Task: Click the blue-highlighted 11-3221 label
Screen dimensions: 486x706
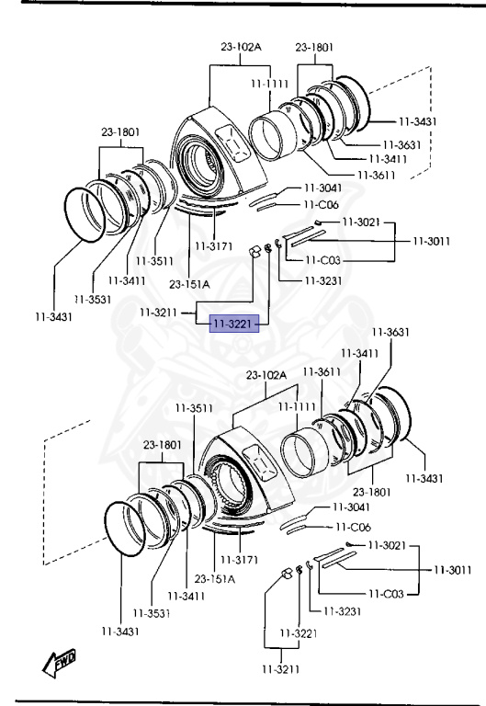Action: click(x=234, y=324)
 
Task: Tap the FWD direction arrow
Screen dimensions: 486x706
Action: click(x=59, y=663)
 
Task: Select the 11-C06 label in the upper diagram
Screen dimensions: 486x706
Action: click(x=322, y=204)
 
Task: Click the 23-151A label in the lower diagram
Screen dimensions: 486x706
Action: click(x=215, y=578)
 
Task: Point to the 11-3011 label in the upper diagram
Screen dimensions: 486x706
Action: click(x=432, y=241)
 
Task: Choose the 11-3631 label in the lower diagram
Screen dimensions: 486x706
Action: click(x=390, y=332)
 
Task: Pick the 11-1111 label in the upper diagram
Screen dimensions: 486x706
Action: click(x=269, y=84)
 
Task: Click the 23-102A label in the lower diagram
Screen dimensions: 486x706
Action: click(x=266, y=375)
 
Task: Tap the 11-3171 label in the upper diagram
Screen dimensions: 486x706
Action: click(x=214, y=246)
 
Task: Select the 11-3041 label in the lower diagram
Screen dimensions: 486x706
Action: click(x=352, y=507)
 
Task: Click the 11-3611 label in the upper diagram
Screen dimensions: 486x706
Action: click(x=376, y=175)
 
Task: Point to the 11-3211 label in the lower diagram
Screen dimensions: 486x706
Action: click(x=281, y=669)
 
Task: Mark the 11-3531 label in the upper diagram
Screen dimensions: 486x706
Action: click(x=93, y=299)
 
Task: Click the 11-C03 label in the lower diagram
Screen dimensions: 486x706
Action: click(x=386, y=594)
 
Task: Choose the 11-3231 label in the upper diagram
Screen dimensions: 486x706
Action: click(x=323, y=280)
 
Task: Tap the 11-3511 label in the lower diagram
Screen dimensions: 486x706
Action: click(x=194, y=408)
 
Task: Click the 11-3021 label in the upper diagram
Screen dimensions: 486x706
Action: click(x=361, y=222)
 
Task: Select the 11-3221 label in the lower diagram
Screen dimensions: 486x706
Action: click(x=299, y=633)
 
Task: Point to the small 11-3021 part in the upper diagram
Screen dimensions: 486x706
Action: click(x=317, y=222)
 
